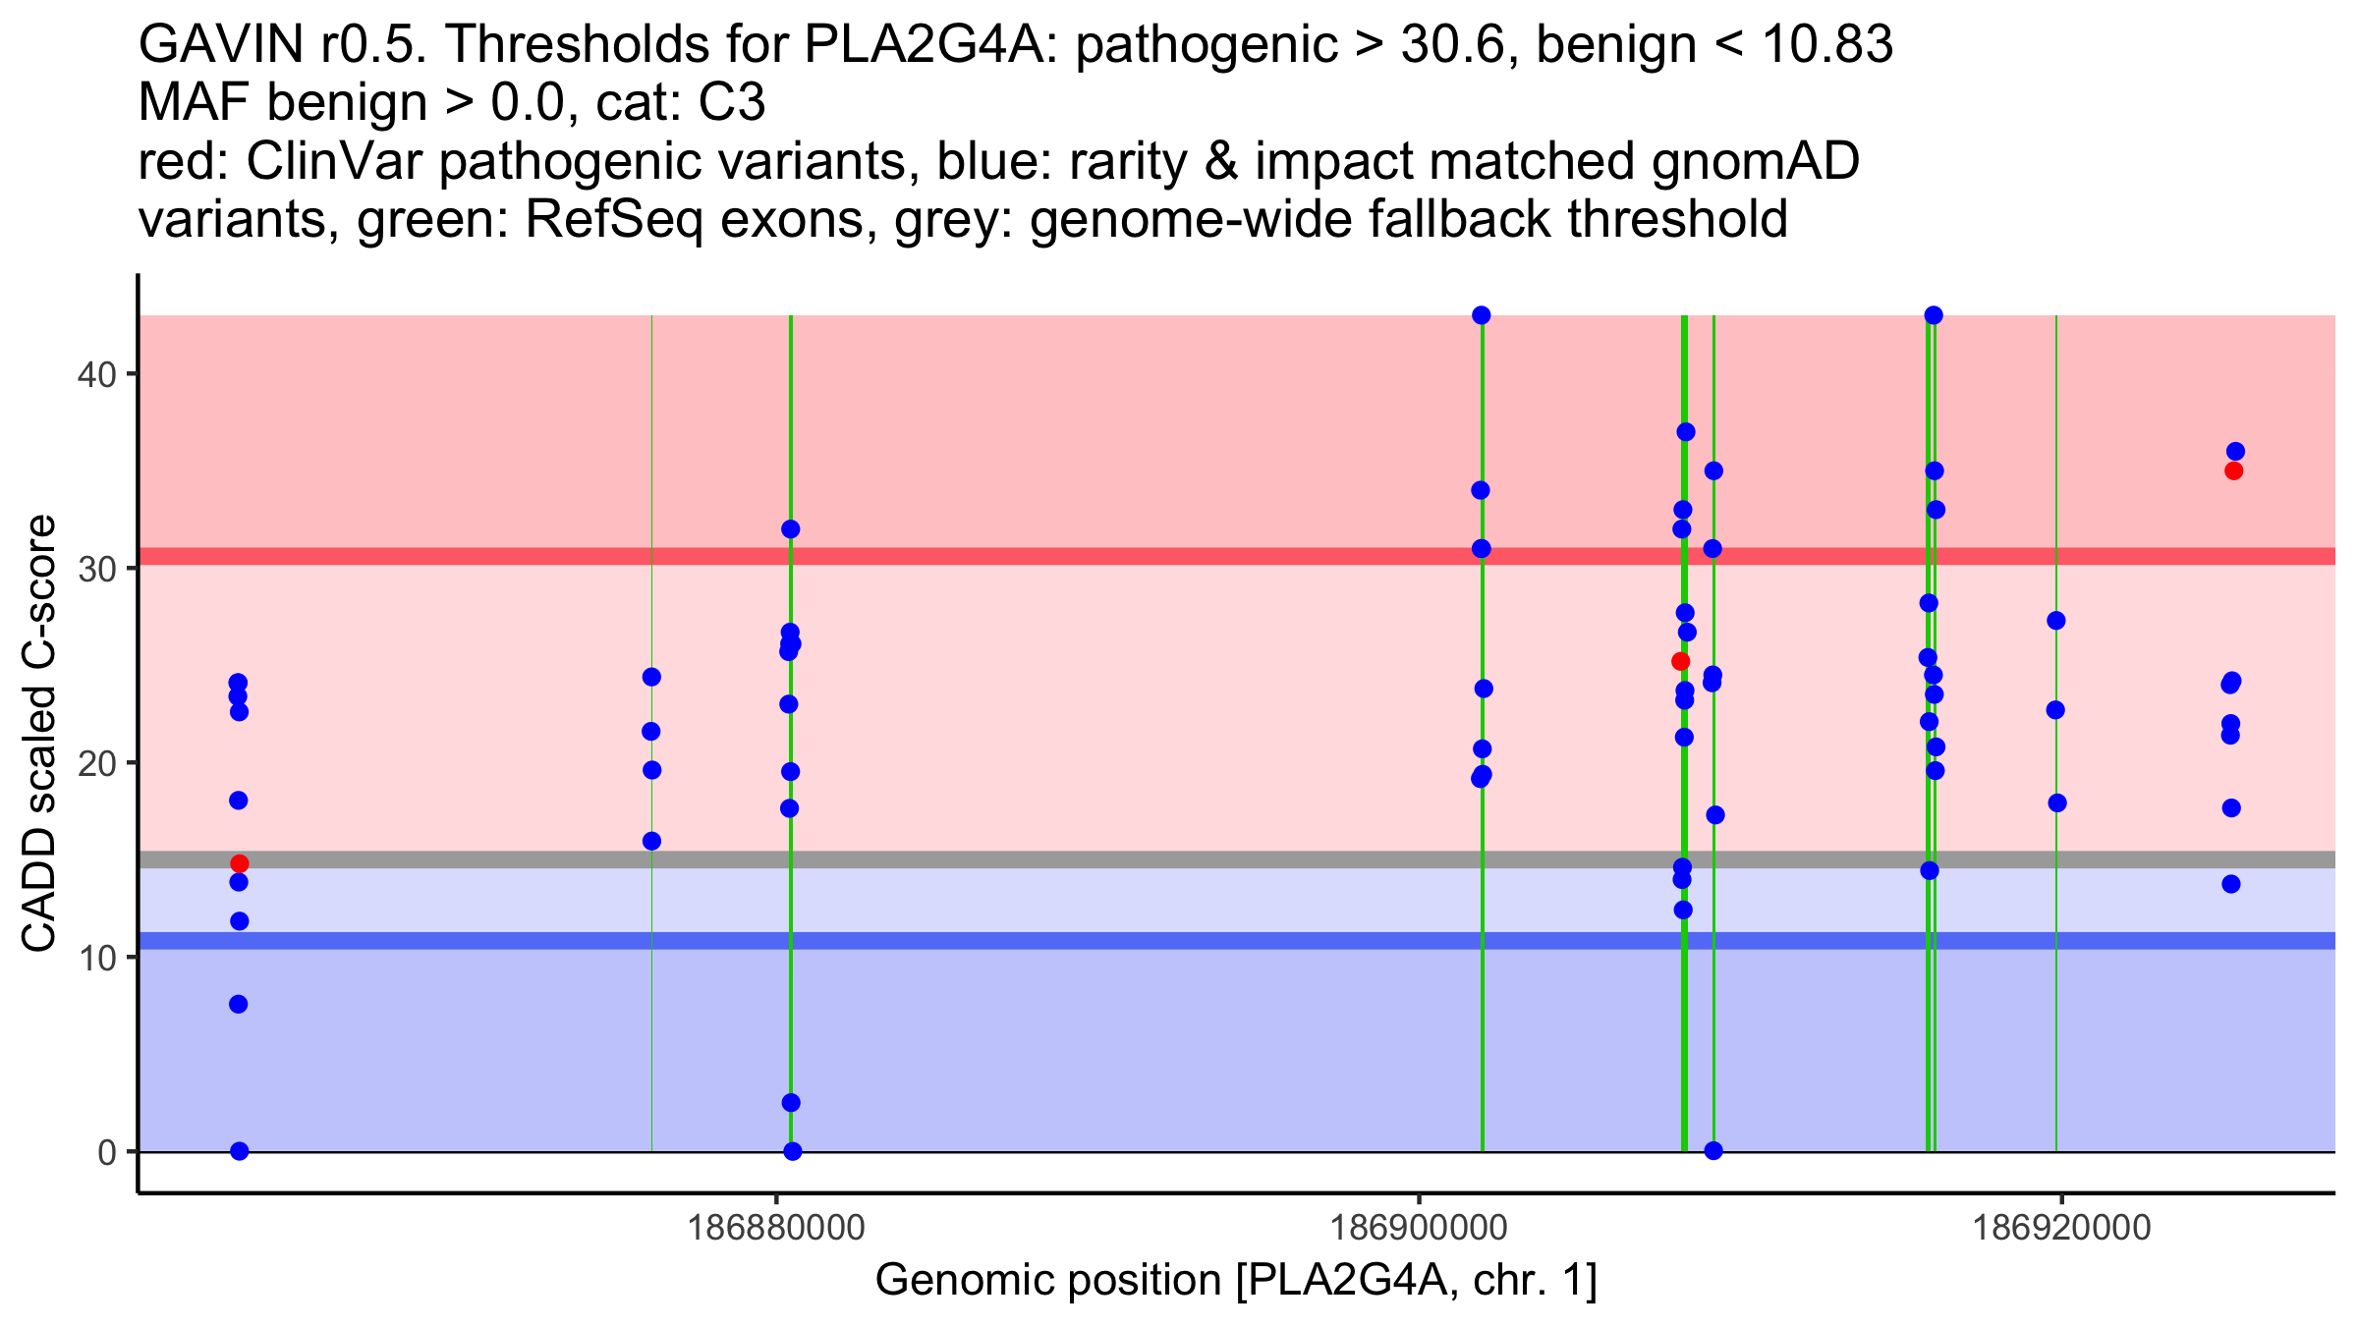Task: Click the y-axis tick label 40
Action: (x=95, y=374)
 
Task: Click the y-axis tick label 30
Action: (x=95, y=569)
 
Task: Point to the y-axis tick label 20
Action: (x=95, y=763)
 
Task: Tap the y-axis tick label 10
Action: (x=95, y=958)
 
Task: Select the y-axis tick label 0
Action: (x=106, y=1152)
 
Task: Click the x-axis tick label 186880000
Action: (x=776, y=1228)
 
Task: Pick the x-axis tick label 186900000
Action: (x=1419, y=1228)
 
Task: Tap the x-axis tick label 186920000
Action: (x=2061, y=1228)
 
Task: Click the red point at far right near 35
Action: (x=2233, y=470)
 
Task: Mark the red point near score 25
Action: (x=1680, y=661)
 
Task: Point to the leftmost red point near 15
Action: (x=240, y=863)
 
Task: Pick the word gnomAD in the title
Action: (x=1755, y=162)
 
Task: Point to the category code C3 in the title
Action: (x=732, y=103)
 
